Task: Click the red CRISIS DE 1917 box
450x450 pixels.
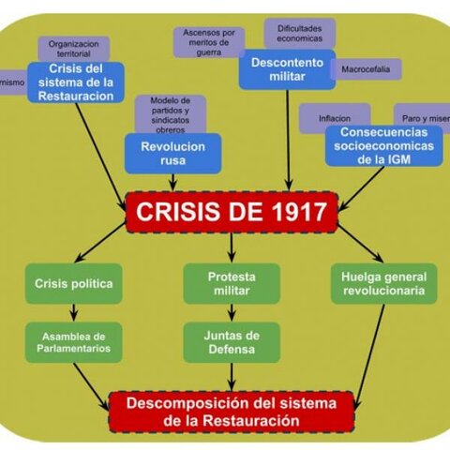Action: pos(232,212)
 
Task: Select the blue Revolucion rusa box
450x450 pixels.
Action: pos(172,153)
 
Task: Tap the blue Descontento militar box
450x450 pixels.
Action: pos(287,69)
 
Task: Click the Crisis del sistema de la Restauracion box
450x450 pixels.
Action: pos(76,82)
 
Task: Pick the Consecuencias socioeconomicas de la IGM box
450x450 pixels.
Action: pos(383,145)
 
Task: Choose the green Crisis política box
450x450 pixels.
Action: pos(73,283)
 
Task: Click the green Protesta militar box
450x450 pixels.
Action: pos(232,283)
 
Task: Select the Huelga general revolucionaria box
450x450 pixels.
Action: pos(383,283)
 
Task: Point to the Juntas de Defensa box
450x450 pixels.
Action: pos(231,342)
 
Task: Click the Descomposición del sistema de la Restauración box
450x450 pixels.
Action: pos(231,411)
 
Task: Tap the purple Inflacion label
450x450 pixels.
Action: pos(335,119)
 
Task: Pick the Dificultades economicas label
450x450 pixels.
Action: pos(299,33)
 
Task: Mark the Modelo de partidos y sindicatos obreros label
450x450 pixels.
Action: pos(171,113)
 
